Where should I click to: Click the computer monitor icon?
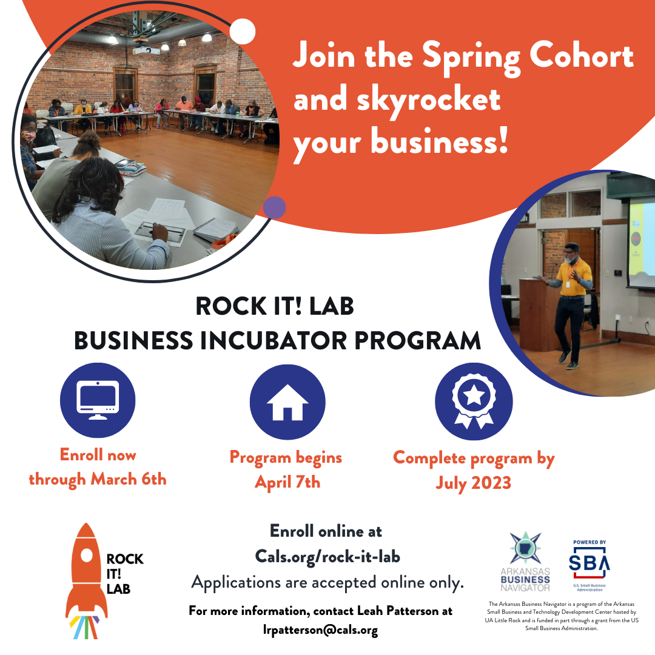coord(98,400)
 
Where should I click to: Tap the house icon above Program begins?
coord(287,402)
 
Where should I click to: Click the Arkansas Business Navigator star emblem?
coord(525,549)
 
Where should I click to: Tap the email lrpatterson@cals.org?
coord(320,630)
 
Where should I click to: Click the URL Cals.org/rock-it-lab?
coord(327,556)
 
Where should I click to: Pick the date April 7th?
coord(287,482)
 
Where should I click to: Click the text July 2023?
coord(474,483)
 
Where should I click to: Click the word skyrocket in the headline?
coord(398,100)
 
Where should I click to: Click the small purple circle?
coord(275,207)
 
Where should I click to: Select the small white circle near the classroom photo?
coord(243,32)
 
